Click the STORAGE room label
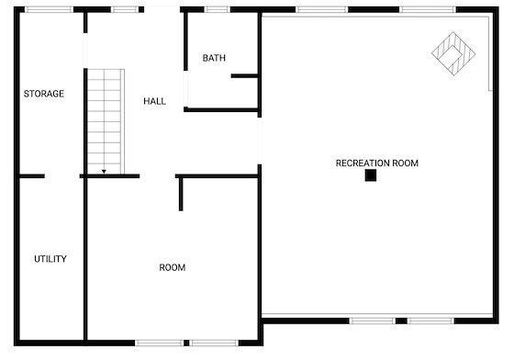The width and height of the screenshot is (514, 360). click(x=44, y=94)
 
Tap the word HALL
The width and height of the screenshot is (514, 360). click(x=155, y=101)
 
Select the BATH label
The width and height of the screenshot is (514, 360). click(x=214, y=58)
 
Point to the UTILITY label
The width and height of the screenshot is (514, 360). click(x=50, y=259)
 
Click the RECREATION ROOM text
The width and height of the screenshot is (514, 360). click(x=377, y=163)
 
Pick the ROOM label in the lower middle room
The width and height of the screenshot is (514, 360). click(x=173, y=267)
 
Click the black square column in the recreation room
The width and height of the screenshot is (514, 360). click(x=371, y=175)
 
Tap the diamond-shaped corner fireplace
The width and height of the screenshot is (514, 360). click(x=453, y=53)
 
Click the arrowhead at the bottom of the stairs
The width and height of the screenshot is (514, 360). click(x=104, y=172)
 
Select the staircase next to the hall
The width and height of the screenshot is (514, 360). click(x=106, y=121)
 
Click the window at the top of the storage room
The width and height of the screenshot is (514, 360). click(x=50, y=9)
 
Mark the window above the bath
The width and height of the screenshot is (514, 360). click(x=218, y=9)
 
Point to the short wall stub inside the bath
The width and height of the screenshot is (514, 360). click(x=244, y=76)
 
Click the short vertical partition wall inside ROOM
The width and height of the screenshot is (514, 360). click(x=181, y=195)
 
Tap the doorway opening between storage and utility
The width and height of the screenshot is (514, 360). click(x=62, y=176)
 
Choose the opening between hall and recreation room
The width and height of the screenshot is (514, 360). click(x=260, y=141)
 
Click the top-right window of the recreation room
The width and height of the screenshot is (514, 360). click(x=428, y=9)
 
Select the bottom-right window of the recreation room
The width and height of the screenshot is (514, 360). click(x=430, y=321)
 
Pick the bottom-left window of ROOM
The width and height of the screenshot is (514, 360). click(x=160, y=343)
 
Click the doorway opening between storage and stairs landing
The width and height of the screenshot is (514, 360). click(x=85, y=51)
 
